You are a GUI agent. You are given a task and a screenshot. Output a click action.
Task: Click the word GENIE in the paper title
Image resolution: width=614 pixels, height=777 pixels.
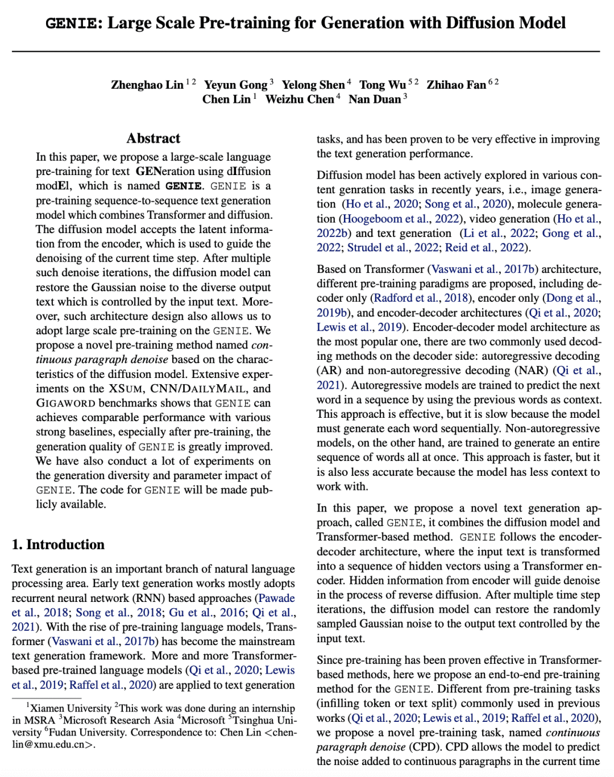pos(70,23)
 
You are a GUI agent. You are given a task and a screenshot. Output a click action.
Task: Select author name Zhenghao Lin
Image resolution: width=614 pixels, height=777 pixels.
pos(147,85)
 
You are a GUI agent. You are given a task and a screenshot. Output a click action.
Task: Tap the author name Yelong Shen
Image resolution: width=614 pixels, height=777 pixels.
pos(313,85)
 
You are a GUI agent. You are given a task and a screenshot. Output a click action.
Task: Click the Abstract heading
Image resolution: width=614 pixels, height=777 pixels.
pos(153,139)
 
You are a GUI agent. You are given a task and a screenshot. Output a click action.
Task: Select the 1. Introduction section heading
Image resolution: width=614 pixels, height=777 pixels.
pos(58,545)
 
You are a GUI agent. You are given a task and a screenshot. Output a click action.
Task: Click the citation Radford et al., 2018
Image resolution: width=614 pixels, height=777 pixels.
pos(421,298)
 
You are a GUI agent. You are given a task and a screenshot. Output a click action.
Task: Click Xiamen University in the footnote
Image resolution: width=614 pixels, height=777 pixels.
pos(70,708)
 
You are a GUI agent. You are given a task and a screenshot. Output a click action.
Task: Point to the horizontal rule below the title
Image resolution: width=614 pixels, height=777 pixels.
pos(306,52)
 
